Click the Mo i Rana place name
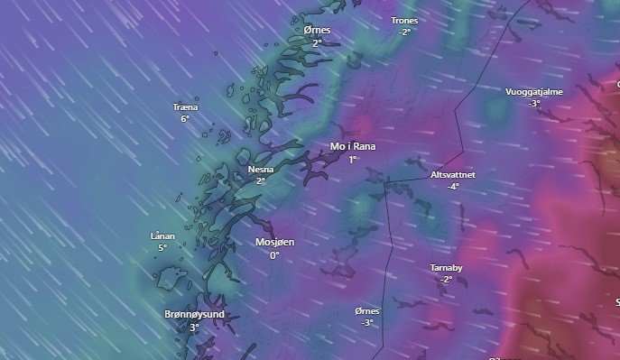tap(353, 146)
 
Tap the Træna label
tap(185, 107)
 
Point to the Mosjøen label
tap(275, 243)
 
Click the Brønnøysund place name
tap(194, 315)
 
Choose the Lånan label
tap(162, 236)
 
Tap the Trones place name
tap(404, 20)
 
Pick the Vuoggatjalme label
tap(534, 91)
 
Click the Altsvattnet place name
tap(453, 174)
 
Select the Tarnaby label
tap(446, 268)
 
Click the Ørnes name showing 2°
tap(317, 30)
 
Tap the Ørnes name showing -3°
tap(367, 310)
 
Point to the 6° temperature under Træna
tap(185, 119)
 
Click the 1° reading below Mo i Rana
tap(353, 159)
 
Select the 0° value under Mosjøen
tap(275, 255)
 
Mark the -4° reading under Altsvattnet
tap(452, 187)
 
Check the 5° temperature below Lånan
tap(162, 248)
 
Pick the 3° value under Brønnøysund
tap(194, 328)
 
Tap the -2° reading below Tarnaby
tap(446, 280)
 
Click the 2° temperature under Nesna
tap(260, 180)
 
